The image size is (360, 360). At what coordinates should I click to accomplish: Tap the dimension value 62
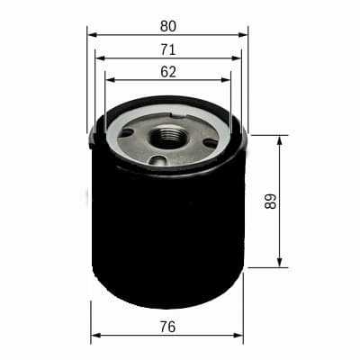[167, 70]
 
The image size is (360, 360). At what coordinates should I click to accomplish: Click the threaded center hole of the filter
[168, 138]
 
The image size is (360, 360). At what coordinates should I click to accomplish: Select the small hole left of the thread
[127, 133]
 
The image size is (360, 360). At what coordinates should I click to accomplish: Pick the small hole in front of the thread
[160, 162]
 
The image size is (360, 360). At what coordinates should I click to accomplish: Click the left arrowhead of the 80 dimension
[92, 35]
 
